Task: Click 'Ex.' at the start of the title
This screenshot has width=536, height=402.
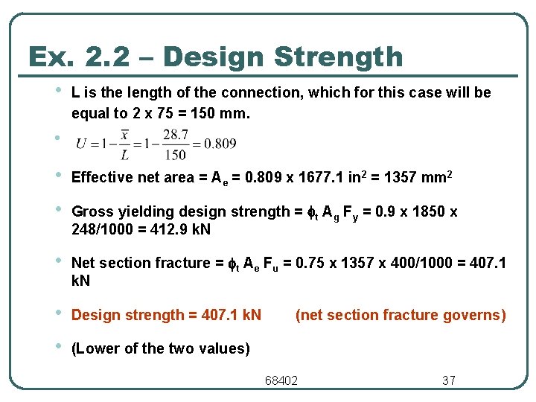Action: point(51,57)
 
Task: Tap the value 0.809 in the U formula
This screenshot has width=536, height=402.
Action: point(221,144)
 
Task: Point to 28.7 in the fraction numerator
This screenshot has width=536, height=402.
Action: point(175,135)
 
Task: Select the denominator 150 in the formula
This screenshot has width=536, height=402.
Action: point(175,155)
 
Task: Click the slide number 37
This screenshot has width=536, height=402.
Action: point(448,380)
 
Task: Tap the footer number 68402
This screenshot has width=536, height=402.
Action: point(281,380)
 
